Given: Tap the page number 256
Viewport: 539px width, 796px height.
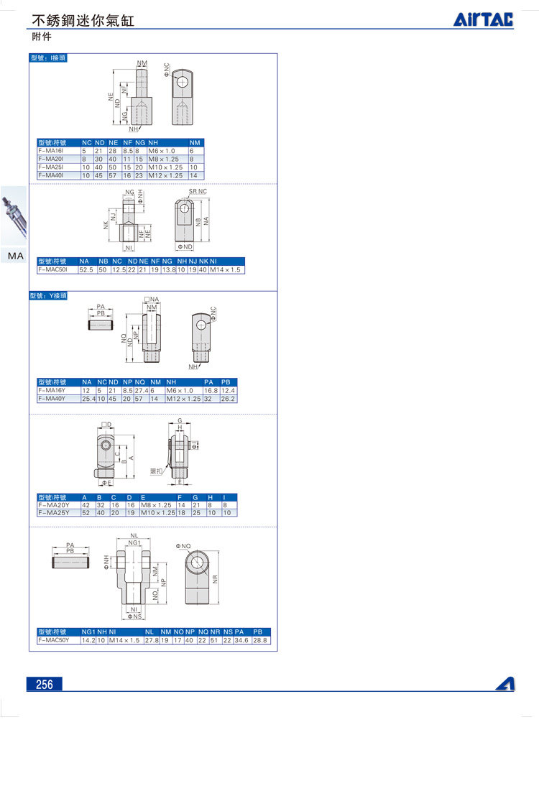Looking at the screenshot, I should tap(45, 684).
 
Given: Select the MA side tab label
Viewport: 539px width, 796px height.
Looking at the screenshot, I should tap(16, 256).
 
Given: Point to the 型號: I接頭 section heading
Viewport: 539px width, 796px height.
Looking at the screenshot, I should tap(48, 58).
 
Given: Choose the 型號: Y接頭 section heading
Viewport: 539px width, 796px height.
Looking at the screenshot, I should tap(48, 295).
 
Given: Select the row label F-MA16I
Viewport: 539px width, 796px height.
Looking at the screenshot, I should tap(51, 151).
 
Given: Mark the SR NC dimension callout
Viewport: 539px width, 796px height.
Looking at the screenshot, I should tap(198, 192).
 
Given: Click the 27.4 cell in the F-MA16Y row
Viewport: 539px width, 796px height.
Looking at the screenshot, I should tap(141, 390).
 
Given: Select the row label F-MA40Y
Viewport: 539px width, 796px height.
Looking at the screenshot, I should tap(52, 398).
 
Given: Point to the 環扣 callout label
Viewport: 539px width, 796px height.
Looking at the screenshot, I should tap(156, 471).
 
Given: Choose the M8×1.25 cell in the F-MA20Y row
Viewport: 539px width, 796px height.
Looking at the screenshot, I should tap(157, 505).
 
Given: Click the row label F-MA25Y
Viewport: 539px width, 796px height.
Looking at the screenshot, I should tap(52, 513).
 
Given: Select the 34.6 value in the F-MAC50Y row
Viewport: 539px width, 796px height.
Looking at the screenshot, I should tap(242, 639).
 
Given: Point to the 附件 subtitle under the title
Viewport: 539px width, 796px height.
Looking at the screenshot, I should tap(41, 36).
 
